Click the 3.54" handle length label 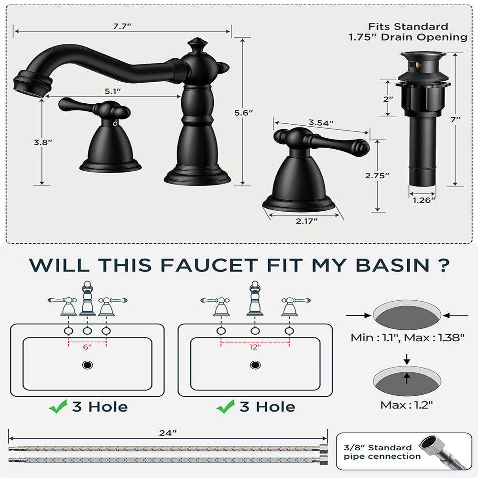coord(321,123)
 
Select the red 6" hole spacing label coord(87,348)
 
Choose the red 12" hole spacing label coord(255,348)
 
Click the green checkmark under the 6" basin coord(58,407)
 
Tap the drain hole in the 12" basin coord(255,365)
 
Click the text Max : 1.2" coord(407,405)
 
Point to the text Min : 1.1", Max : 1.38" coord(408,337)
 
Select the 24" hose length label coord(168,433)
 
